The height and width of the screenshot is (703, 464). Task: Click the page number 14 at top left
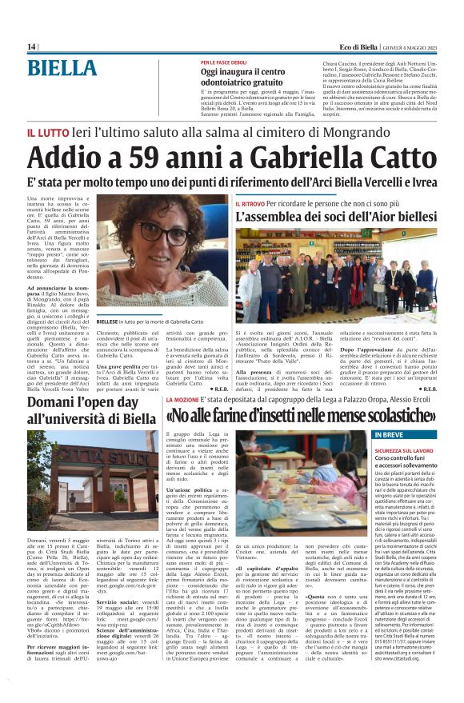[31, 47]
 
